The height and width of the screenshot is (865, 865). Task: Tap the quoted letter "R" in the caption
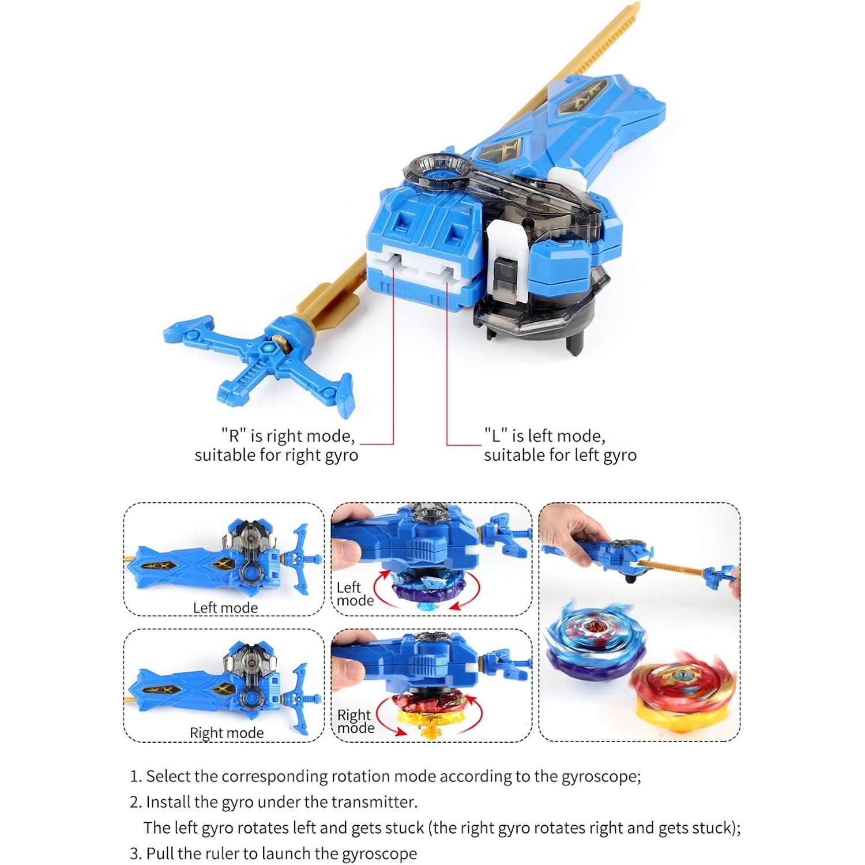(x=234, y=435)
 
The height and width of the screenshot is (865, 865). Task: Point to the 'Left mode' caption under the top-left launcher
(x=225, y=608)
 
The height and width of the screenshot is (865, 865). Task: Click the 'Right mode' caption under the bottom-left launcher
(x=227, y=733)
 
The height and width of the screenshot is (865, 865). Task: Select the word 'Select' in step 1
(x=168, y=776)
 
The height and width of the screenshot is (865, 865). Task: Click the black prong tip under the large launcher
(x=578, y=345)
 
